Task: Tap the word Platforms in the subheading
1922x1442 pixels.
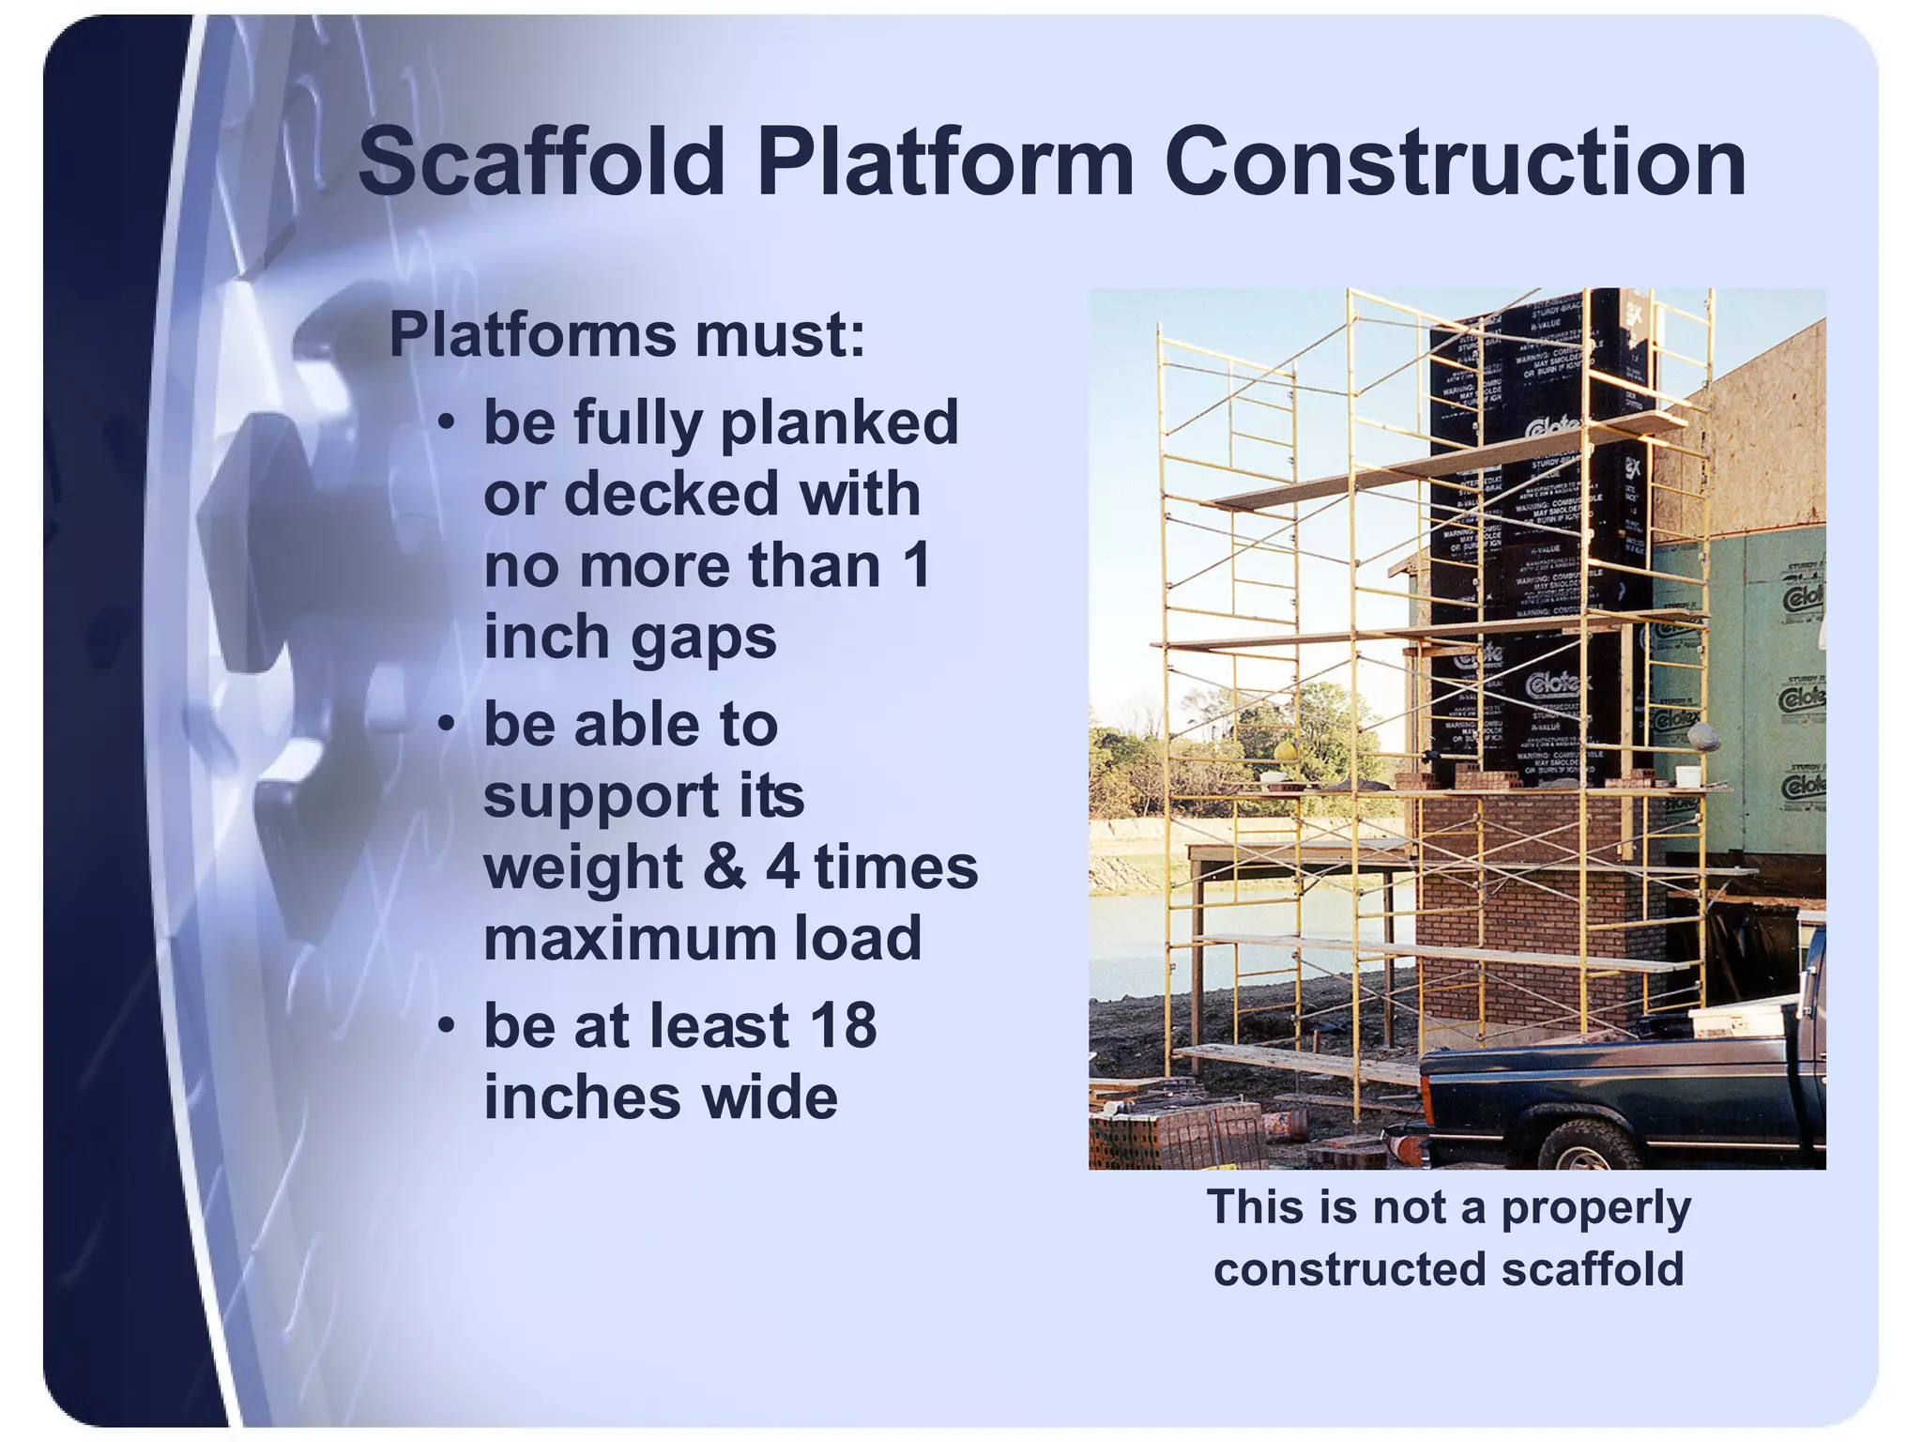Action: pos(531,334)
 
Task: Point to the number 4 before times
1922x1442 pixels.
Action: pos(783,867)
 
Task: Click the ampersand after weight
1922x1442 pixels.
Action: pos(724,867)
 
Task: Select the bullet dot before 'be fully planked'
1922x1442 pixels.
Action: pos(448,422)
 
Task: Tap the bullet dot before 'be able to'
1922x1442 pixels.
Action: pos(448,725)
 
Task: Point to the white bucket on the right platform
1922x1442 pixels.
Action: pos(1687,776)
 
